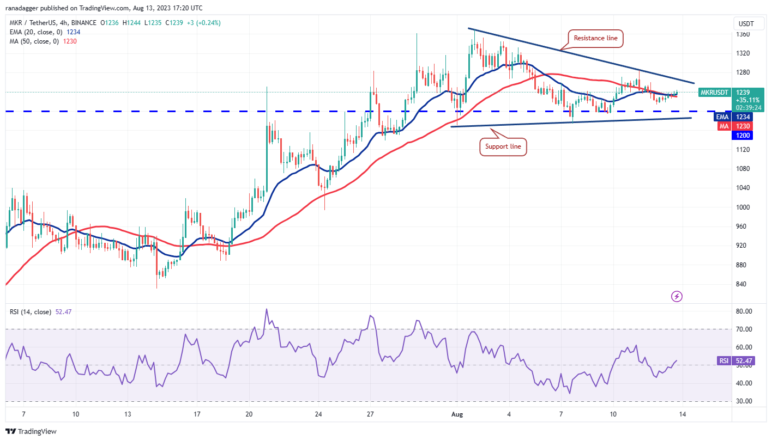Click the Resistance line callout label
coord(596,38)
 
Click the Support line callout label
coord(503,146)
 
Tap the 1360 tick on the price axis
coord(743,34)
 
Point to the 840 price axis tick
coord(741,284)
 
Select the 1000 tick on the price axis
coord(743,207)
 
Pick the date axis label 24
coord(318,414)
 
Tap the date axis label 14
coord(682,414)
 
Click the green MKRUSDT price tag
coord(714,93)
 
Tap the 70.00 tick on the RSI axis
coord(743,329)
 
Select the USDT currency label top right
coord(745,23)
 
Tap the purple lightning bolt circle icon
coord(677,297)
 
